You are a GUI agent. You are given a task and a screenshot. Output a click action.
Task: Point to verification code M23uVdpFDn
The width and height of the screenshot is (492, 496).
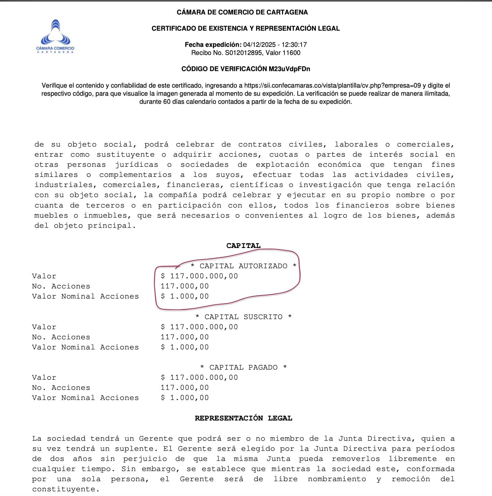289,69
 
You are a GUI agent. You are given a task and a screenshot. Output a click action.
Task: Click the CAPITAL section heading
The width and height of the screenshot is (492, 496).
243,246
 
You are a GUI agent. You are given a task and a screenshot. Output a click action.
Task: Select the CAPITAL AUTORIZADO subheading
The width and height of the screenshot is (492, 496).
243,266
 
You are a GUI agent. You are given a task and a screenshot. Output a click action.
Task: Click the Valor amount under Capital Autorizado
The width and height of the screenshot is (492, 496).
199,276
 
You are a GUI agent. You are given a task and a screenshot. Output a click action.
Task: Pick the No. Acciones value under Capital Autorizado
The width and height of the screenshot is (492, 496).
185,286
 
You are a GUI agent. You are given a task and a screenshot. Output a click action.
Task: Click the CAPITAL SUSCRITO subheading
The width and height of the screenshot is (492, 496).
243,317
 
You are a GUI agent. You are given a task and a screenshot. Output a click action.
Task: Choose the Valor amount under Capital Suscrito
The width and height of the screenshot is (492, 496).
199,327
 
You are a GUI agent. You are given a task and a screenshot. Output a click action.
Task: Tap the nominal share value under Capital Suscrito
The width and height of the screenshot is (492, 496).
185,347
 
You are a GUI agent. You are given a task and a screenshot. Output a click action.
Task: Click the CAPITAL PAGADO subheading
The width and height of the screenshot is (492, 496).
243,367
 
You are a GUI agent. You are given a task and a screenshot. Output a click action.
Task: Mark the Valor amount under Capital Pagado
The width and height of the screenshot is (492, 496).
199,377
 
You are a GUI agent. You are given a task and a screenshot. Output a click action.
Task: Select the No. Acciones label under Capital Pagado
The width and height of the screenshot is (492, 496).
61,387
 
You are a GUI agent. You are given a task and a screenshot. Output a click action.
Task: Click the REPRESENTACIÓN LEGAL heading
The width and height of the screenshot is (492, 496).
243,418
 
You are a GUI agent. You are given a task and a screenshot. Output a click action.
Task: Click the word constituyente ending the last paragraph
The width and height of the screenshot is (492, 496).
66,489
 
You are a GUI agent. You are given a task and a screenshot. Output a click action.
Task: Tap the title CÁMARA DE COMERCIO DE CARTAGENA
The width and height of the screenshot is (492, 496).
242,12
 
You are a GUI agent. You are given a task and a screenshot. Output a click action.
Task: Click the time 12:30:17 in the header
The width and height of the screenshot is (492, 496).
294,44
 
